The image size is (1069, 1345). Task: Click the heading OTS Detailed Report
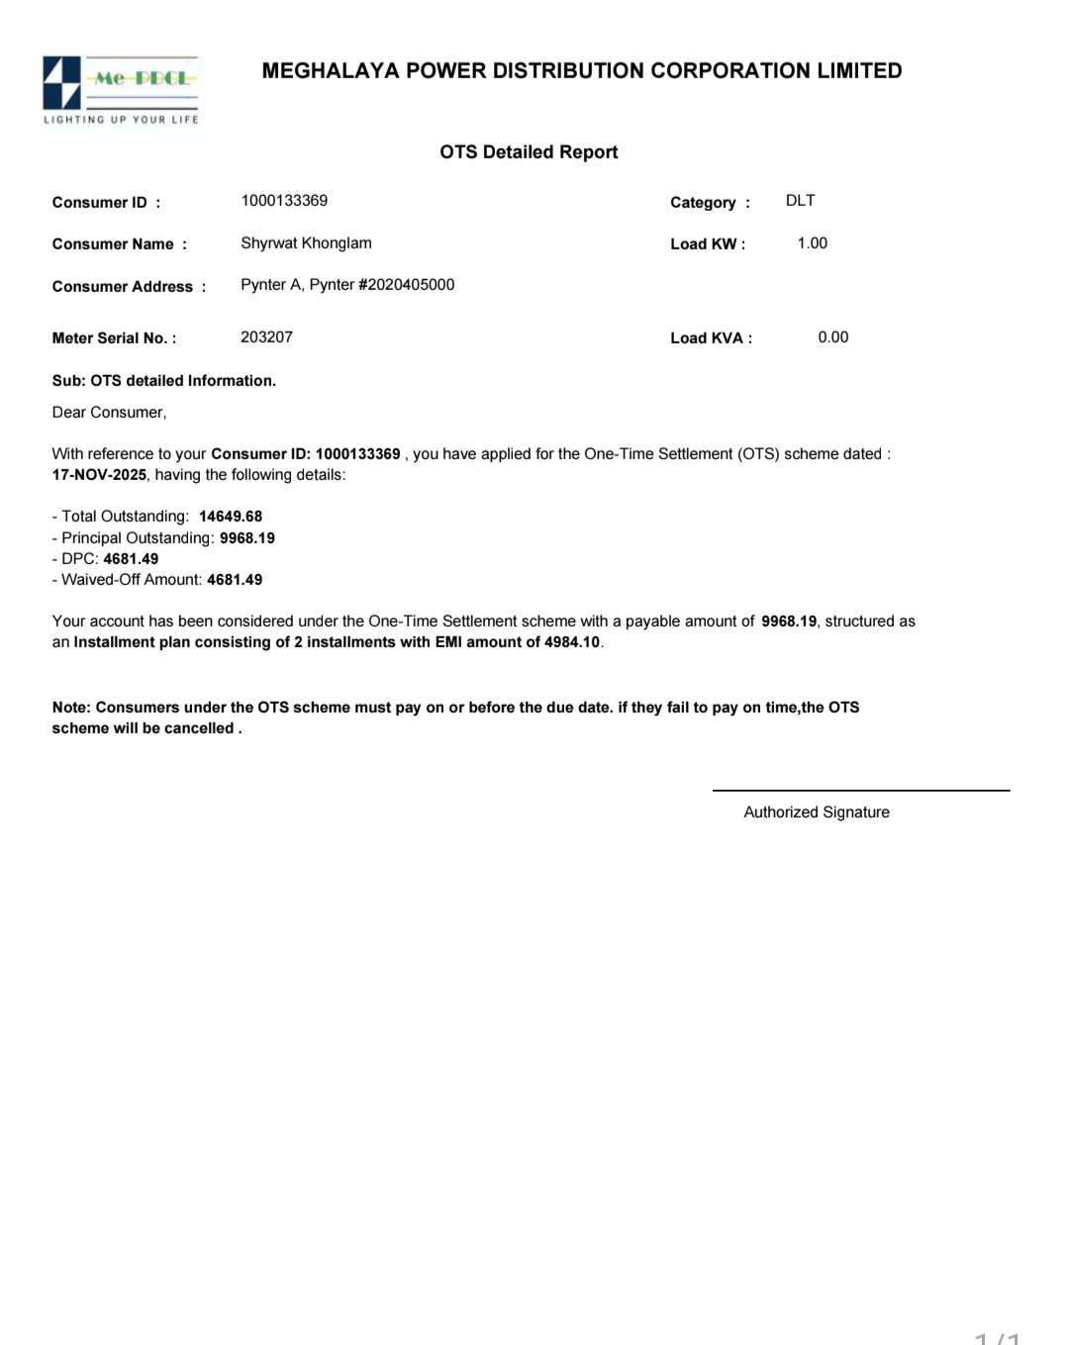point(529,152)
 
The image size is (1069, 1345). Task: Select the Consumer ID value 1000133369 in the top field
point(284,201)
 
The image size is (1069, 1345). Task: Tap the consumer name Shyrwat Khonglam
point(306,243)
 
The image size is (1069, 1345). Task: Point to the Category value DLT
point(800,201)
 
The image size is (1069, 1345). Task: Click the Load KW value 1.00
point(812,243)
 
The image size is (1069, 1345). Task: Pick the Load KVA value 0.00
point(832,337)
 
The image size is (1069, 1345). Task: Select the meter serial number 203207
point(266,337)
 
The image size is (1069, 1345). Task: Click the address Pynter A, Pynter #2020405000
point(347,285)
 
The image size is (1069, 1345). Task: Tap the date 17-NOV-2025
point(99,475)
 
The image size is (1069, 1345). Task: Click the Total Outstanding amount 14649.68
point(231,517)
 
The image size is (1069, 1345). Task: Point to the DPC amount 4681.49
point(131,559)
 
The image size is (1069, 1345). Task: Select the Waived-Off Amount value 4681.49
point(235,580)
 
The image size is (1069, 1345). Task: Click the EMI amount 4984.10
point(572,642)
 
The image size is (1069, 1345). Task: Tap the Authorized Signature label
point(816,813)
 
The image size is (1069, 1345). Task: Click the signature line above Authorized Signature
point(860,791)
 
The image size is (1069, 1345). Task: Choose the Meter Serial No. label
point(114,338)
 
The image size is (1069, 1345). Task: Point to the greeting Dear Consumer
point(109,413)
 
